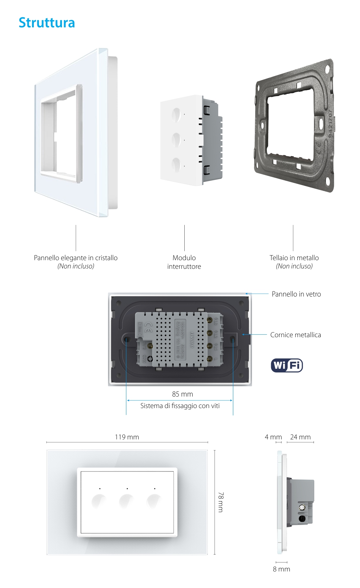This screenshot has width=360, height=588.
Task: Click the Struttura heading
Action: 47,23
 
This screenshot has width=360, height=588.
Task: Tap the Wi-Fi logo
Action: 287,365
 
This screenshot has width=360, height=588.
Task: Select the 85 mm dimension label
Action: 182,394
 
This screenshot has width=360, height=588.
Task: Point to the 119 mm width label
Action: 127,437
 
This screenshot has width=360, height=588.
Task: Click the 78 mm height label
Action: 220,502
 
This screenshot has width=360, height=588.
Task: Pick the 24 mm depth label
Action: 300,437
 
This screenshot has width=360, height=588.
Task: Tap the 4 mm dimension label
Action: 273,437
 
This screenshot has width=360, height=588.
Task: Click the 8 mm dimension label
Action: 281,569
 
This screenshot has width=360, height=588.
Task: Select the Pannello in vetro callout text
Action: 296,294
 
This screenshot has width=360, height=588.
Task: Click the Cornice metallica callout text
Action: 295,335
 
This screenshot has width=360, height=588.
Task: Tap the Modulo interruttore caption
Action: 184,262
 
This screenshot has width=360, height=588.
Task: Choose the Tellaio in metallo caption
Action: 294,262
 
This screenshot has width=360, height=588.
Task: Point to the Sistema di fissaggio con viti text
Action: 180,406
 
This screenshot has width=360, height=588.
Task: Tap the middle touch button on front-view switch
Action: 126,501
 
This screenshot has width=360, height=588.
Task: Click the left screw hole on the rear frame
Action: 127,339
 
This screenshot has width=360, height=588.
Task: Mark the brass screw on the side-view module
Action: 302,508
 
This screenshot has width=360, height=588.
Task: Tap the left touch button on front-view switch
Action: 99,501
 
